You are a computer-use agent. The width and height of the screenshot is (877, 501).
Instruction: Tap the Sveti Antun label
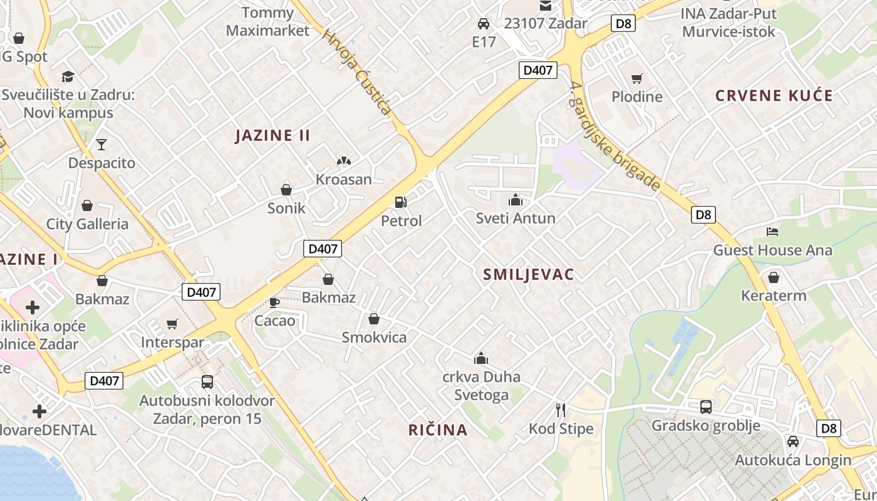pos(516,219)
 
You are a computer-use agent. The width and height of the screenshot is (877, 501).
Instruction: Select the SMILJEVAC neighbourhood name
pos(529,274)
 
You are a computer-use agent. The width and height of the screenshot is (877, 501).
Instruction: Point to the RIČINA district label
pos(438,430)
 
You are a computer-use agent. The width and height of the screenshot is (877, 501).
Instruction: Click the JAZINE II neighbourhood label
pos(272,135)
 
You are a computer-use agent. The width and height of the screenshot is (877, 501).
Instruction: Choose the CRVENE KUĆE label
pos(774,96)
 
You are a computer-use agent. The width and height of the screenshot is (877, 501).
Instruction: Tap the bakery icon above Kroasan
pos(343,161)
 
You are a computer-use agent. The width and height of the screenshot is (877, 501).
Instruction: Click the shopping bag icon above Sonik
pos(286,189)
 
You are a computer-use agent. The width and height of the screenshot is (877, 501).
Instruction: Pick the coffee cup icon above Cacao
pos(274,302)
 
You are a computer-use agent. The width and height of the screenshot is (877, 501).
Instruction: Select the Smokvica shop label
pos(374,338)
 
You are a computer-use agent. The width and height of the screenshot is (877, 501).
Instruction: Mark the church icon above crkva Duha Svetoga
pos(481,358)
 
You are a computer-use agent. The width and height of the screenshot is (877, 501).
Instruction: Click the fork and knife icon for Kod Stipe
pos(561,410)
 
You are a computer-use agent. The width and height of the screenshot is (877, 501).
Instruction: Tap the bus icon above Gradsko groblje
pos(706,406)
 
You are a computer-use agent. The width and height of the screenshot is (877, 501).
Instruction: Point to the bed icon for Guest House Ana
pos(772,232)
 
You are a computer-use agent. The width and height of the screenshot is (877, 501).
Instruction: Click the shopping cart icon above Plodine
pos(637,78)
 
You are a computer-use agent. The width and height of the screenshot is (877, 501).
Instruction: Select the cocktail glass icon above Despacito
pos(101,145)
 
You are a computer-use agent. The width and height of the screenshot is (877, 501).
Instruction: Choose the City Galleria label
pos(87,224)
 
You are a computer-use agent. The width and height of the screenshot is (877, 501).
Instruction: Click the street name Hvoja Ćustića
pos(358,73)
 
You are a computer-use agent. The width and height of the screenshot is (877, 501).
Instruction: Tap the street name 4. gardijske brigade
pos(615,136)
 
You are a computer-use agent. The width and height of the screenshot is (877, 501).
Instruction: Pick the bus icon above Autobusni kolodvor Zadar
pos(207,381)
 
